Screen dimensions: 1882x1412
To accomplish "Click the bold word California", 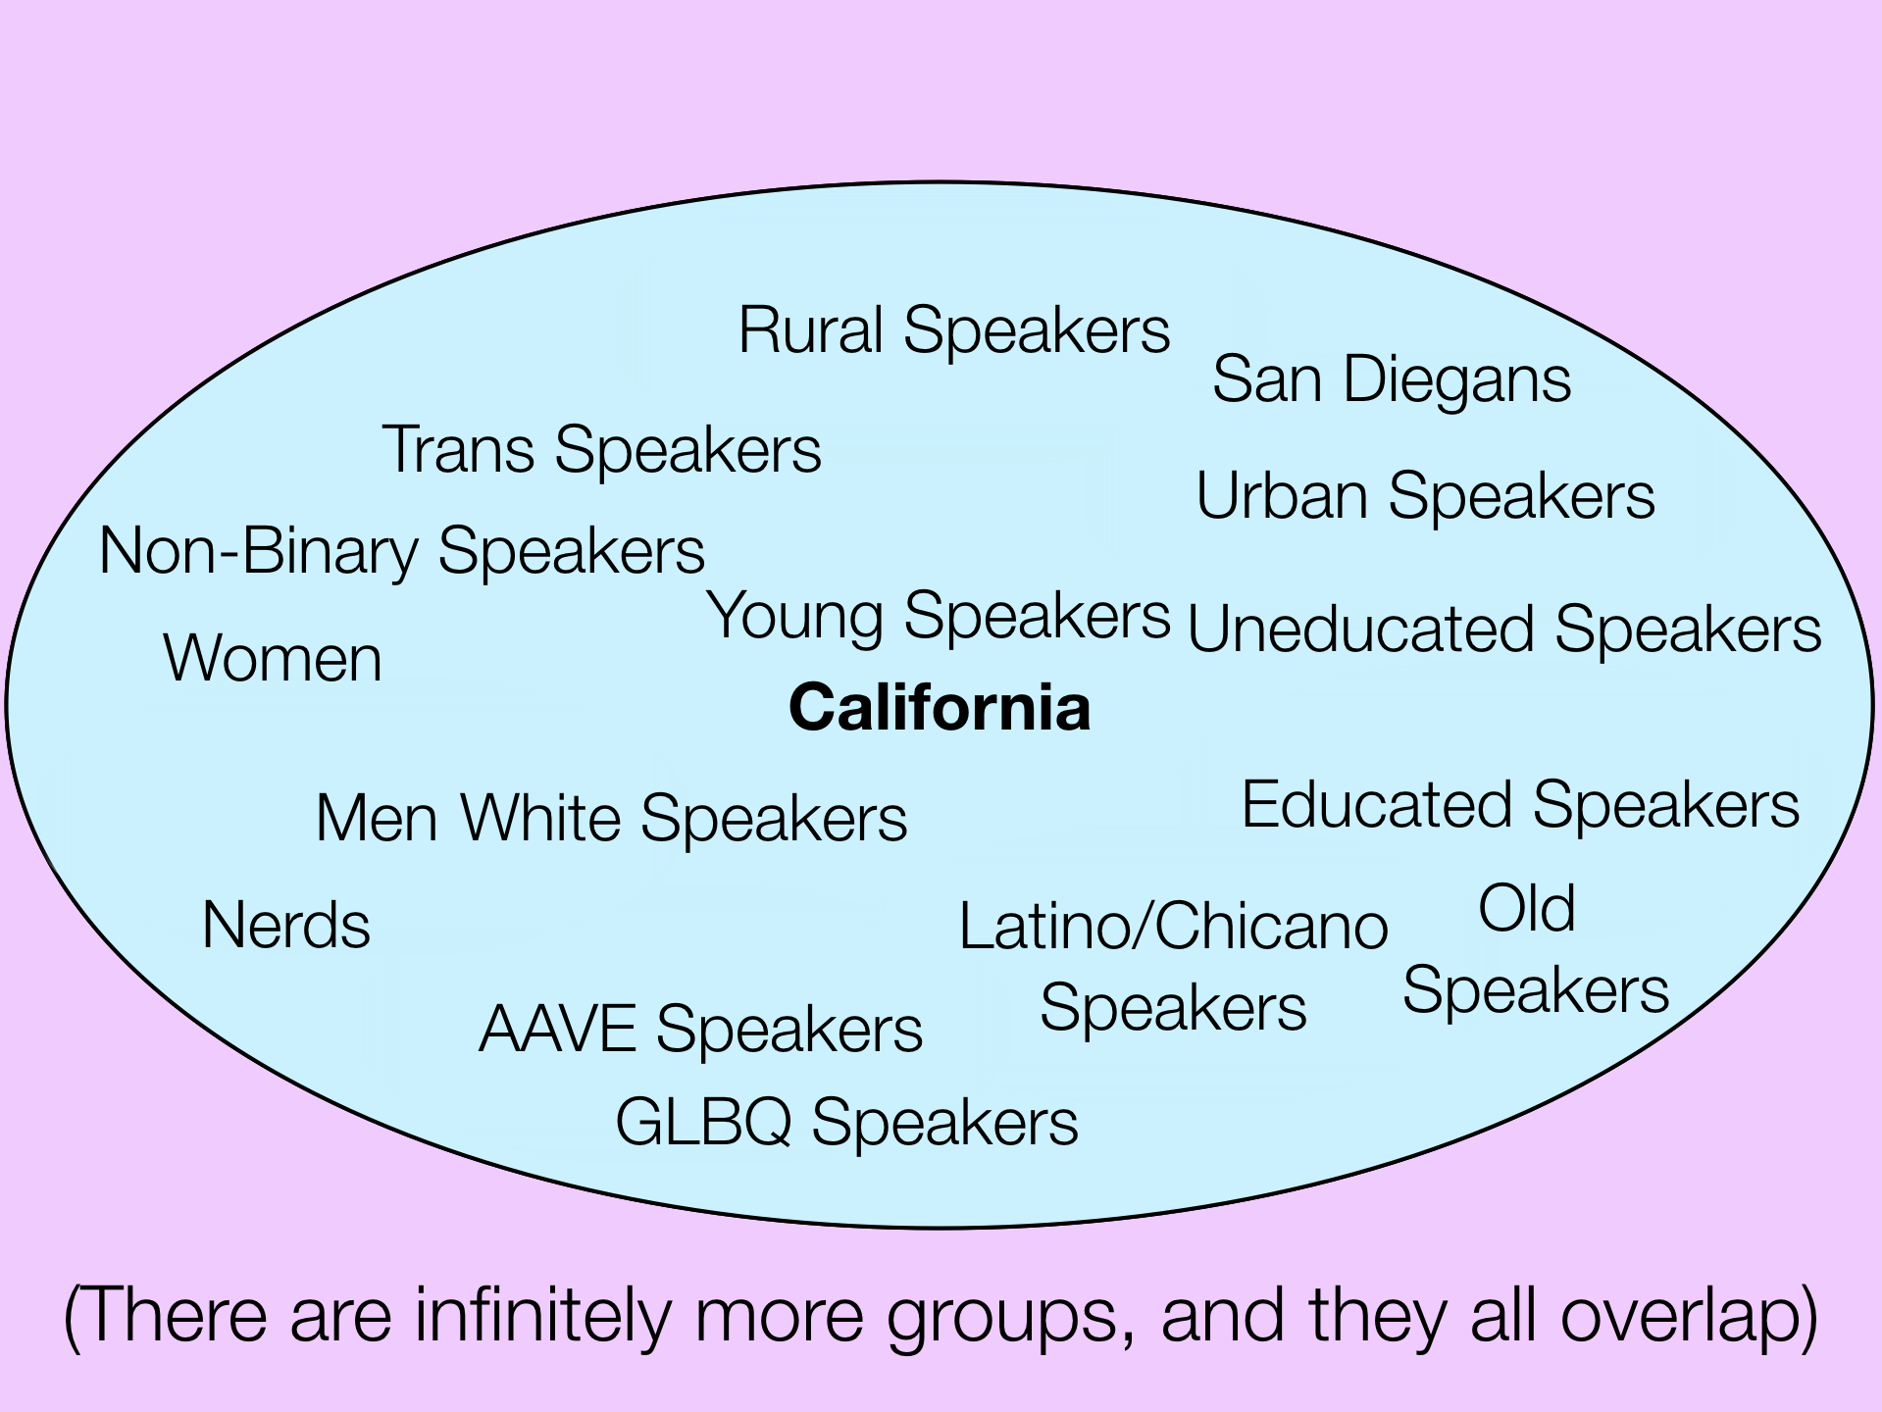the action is [x=940, y=707].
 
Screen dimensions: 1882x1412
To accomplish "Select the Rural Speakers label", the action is [x=954, y=331].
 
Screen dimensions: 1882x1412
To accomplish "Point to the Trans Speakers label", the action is [x=601, y=451].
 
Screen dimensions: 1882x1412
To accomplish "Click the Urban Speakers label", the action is [x=1425, y=496].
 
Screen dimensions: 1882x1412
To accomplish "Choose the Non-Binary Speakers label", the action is [x=402, y=552].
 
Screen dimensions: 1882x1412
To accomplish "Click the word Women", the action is [x=273, y=658].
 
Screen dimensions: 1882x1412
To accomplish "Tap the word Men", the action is [x=377, y=819].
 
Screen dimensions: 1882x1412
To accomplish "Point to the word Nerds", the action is [x=285, y=926].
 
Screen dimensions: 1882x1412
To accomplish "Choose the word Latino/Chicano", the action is [x=1173, y=927].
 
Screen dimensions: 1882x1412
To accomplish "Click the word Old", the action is [x=1526, y=908].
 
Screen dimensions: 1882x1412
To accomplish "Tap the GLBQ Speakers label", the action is [x=846, y=1123].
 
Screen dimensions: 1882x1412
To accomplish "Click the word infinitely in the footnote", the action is [x=543, y=1315].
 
